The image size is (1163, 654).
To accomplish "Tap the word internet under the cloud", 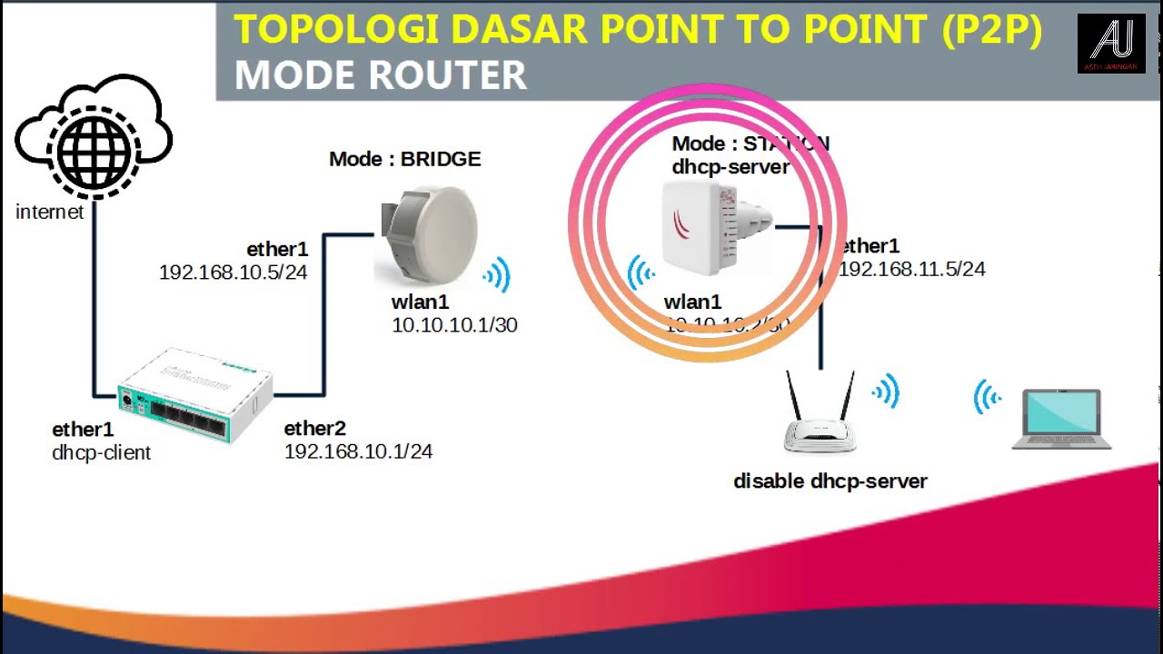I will point(49,213).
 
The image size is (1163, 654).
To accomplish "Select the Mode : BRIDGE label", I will point(404,159).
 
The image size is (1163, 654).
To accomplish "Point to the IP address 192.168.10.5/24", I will point(233,272).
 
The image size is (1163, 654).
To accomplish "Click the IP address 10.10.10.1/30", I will point(454,325).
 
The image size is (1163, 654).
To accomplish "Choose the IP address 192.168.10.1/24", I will point(358,451).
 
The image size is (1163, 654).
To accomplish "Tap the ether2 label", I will point(314,429).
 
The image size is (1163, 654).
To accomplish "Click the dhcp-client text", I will point(102,452).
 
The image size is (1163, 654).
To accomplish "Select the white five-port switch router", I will point(194,395).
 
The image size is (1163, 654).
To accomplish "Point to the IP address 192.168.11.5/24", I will point(912,269).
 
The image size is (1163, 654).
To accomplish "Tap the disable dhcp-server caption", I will point(830,481).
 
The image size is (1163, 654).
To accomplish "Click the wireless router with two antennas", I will point(820,418).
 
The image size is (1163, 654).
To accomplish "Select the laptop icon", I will point(1061,420).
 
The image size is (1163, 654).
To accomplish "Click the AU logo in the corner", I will point(1110,44).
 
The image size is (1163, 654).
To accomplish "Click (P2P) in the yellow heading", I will point(990,30).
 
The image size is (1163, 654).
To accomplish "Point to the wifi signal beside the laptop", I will point(988,398).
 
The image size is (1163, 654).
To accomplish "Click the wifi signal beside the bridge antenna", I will point(497,274).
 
